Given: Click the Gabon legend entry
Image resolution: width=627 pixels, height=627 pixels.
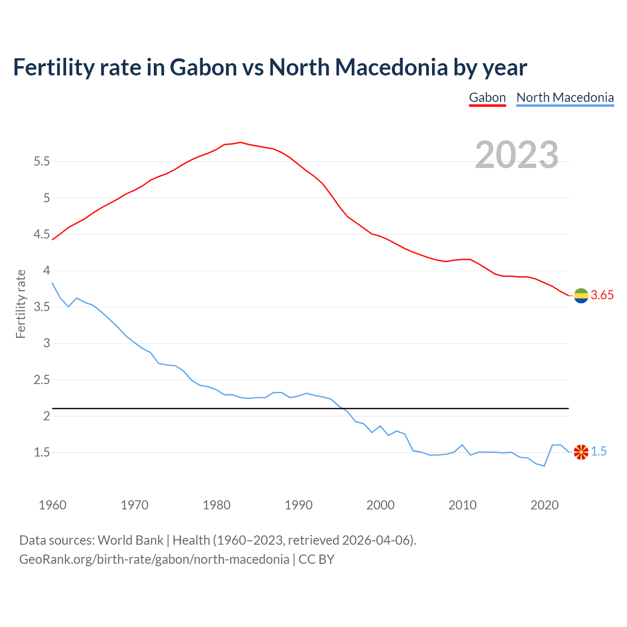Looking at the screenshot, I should click(487, 97).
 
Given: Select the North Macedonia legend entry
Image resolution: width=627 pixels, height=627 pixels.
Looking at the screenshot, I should click(565, 97).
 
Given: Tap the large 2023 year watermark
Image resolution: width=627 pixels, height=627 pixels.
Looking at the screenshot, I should click(517, 155).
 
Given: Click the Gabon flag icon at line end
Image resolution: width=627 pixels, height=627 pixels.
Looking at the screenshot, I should click(581, 295).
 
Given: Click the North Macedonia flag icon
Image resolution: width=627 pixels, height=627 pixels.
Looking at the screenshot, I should click(581, 452).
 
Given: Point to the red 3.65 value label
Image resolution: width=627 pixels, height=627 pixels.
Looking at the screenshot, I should click(602, 295).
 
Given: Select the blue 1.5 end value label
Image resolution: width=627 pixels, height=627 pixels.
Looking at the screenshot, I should click(599, 452).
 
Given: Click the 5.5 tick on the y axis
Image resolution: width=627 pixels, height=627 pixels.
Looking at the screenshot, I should click(42, 161).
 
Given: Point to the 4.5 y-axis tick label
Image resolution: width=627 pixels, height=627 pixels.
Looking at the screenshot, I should click(42, 234).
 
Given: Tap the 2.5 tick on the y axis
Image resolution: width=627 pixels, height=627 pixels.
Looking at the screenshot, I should click(42, 380).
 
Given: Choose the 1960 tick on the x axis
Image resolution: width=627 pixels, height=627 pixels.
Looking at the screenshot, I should click(52, 505).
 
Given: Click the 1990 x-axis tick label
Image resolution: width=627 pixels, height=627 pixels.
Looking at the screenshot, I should click(298, 505).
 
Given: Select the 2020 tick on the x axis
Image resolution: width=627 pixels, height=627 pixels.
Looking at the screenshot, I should click(544, 505).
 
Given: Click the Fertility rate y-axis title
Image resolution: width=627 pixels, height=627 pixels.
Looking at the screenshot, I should click(21, 304).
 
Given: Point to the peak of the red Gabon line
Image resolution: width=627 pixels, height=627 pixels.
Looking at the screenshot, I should click(241, 142).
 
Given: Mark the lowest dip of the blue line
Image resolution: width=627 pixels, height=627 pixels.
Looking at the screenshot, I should click(544, 466).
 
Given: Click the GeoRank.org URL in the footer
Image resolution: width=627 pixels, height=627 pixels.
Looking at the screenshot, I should click(154, 559).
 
